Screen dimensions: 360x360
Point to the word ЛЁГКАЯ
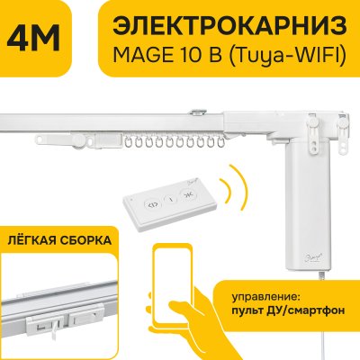[35, 241]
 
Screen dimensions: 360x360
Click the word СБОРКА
[89, 241]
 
